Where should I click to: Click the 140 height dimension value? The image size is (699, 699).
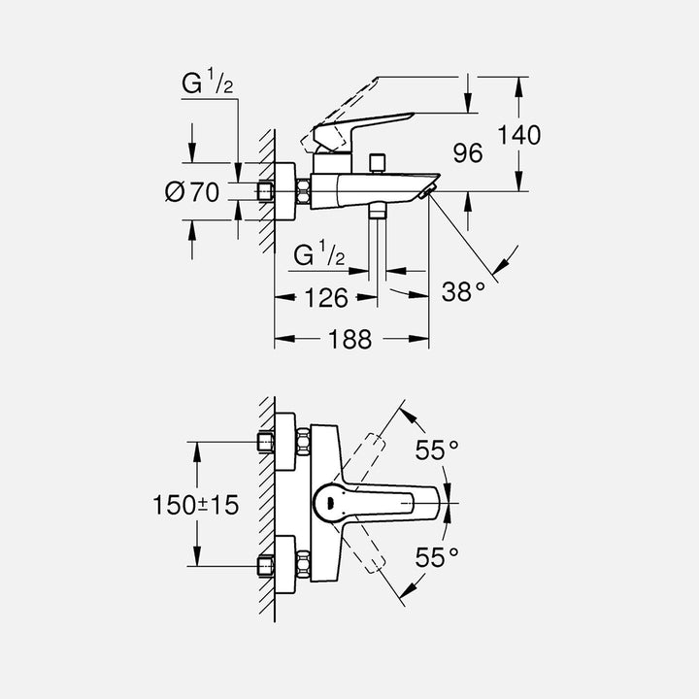pos(519,135)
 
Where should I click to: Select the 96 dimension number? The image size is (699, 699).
pos(468,152)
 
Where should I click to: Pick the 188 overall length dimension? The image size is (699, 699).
pos(349,339)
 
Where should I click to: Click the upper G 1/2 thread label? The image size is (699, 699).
pos(208,84)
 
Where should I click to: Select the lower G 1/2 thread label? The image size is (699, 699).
pos(319,255)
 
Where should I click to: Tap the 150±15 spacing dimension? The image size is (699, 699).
pos(195,505)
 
